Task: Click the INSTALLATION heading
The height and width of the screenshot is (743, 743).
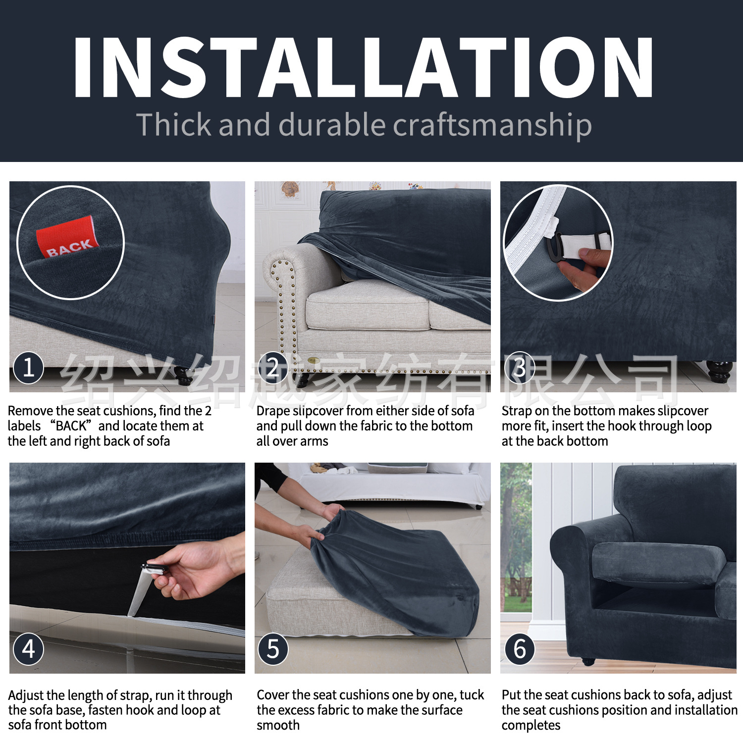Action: [363, 68]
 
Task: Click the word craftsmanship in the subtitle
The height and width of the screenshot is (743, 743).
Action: [492, 125]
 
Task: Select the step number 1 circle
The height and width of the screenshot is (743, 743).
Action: [28, 368]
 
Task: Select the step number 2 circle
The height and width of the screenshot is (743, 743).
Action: [273, 368]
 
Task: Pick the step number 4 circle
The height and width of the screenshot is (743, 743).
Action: [28, 649]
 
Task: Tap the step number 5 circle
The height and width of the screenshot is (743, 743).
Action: [273, 649]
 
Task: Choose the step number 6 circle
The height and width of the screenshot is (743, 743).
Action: [519, 649]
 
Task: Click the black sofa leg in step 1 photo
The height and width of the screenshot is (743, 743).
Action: [184, 377]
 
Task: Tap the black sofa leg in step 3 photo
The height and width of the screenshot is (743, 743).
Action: [719, 371]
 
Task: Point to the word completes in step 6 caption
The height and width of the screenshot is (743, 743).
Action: [531, 726]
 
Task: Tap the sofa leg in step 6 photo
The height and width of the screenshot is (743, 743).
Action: [588, 661]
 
